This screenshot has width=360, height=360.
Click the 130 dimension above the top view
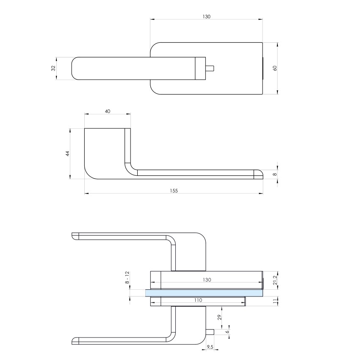[x=206, y=17]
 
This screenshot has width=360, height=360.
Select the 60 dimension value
[x=275, y=68]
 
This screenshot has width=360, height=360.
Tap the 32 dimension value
[x=53, y=68]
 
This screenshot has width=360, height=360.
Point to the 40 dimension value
[x=108, y=111]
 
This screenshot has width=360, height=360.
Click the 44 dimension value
[x=67, y=154]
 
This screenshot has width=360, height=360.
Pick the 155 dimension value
[x=174, y=191]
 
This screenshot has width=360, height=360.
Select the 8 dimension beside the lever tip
[x=275, y=174]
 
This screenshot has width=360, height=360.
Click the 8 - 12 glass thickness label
[x=127, y=277]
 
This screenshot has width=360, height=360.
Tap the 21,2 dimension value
[x=275, y=280]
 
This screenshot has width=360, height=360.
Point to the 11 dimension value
[x=275, y=301]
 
